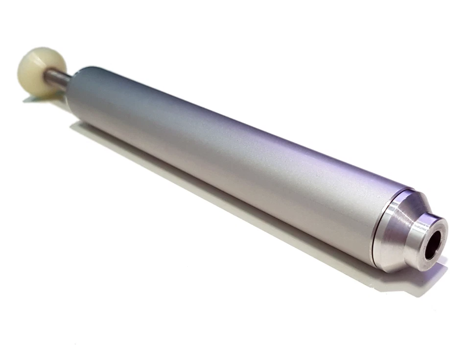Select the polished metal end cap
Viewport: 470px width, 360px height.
tap(406, 235)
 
